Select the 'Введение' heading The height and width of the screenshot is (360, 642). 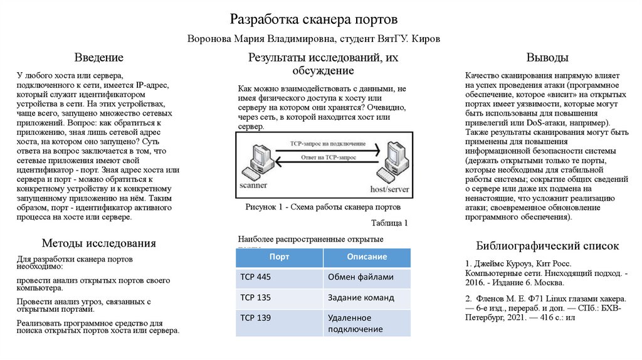point(99,58)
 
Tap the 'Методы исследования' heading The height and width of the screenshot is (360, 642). point(98,243)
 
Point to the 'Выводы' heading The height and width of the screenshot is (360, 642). point(547,58)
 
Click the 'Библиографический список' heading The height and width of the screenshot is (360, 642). point(547,246)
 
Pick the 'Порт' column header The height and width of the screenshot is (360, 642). point(279,257)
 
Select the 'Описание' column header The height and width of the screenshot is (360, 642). point(367,257)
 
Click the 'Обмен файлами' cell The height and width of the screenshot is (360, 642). point(360,277)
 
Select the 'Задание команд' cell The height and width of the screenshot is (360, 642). point(360,297)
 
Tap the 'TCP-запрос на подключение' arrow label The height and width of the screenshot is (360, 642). point(323,144)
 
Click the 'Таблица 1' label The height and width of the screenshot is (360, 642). point(389,223)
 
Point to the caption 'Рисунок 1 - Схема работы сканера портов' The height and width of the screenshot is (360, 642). point(323,207)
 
